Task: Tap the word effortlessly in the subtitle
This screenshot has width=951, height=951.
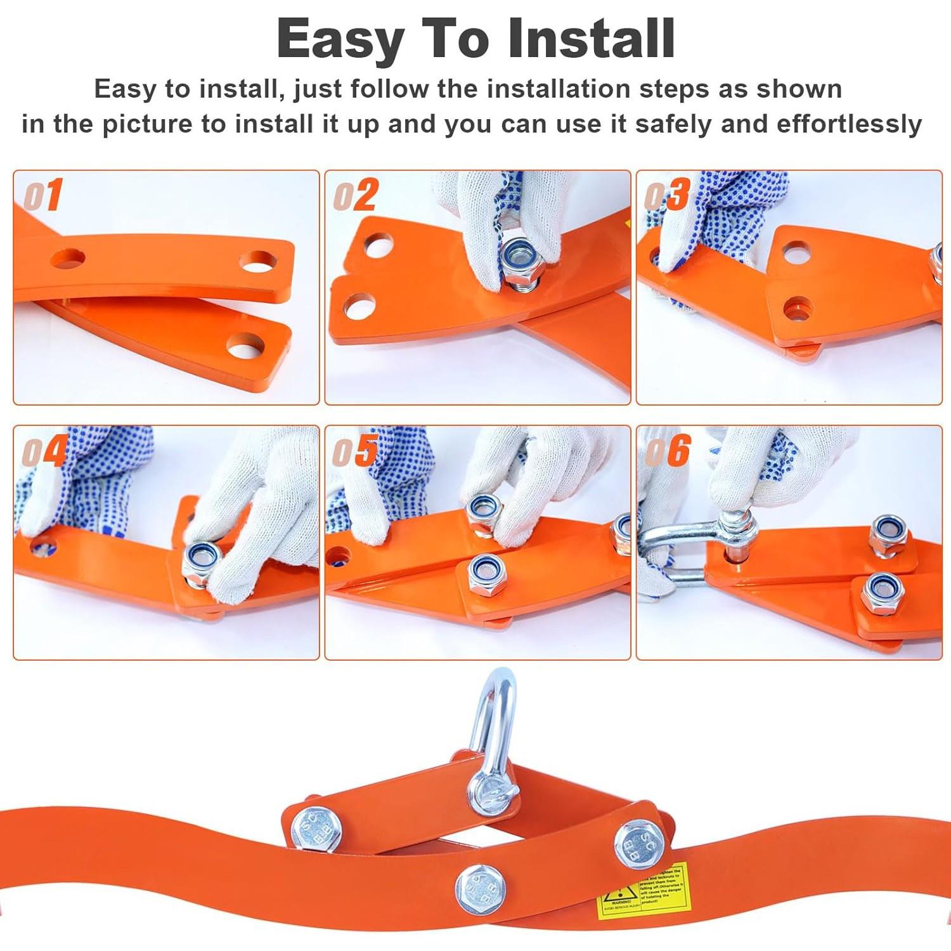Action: [849, 124]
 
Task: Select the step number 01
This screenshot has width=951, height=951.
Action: [43, 195]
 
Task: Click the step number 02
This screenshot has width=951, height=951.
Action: [356, 195]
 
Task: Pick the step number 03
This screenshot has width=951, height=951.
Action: [667, 195]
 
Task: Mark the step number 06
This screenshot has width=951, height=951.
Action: [668, 451]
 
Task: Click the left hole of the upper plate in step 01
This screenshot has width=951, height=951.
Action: [68, 259]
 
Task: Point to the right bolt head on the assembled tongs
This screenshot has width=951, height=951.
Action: [639, 841]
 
